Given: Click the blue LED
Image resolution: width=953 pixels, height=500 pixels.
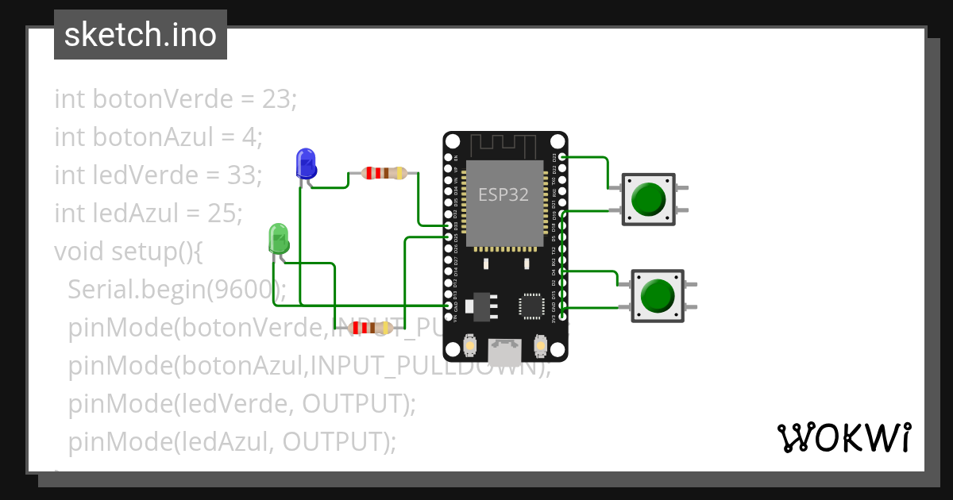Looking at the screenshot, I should tap(306, 163).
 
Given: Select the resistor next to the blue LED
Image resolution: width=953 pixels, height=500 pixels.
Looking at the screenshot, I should tap(384, 173).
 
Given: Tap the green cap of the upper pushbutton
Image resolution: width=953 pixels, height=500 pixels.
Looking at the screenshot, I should tap(648, 199).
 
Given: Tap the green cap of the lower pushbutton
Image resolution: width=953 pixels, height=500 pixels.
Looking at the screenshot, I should tap(658, 295).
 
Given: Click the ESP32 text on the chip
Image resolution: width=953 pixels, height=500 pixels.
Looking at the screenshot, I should tap(503, 194).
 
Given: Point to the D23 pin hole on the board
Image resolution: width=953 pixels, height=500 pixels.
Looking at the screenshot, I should tap(562, 157).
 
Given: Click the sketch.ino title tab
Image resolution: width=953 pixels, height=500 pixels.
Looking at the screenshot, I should tap(141, 35).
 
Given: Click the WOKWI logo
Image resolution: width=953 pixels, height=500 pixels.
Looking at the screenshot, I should tap(843, 438).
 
